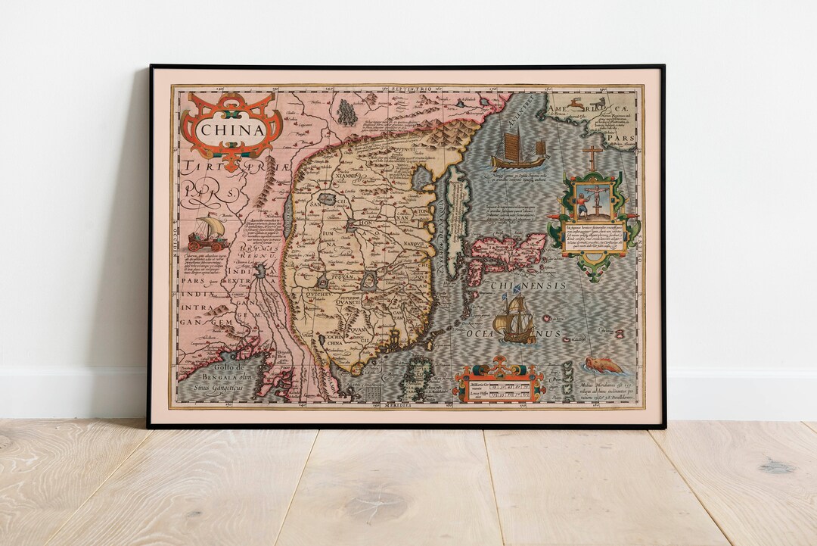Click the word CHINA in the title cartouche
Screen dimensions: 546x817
(x=231, y=129)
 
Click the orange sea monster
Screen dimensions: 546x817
(x=604, y=366)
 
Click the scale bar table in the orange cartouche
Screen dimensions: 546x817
(x=499, y=387)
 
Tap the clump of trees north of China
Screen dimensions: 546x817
(x=346, y=112)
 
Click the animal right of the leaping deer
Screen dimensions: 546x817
(x=599, y=101)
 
